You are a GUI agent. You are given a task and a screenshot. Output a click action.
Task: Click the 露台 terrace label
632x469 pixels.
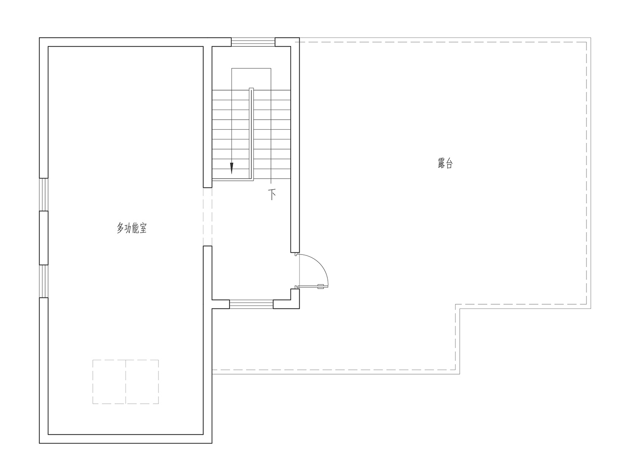(x=445, y=163)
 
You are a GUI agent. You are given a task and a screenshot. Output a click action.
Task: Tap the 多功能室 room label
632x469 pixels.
(x=131, y=228)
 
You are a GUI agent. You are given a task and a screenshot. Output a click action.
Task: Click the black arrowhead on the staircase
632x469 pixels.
(x=232, y=168)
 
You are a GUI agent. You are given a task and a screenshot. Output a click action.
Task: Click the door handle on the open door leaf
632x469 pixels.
(x=321, y=287)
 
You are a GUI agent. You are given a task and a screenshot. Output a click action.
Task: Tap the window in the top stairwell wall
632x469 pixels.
(x=253, y=42)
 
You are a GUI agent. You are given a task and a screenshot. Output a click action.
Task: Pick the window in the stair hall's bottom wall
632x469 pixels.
(x=251, y=304)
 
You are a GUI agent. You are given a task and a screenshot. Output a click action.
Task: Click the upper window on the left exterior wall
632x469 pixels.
(x=43, y=194)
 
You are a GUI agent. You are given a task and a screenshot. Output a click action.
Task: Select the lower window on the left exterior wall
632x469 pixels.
(x=43, y=281)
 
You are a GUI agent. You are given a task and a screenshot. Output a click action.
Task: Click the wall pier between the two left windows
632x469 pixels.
(x=43, y=238)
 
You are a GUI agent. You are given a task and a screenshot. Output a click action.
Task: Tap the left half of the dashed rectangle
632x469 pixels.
(x=109, y=382)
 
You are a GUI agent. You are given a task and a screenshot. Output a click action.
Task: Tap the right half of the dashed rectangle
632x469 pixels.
(x=142, y=382)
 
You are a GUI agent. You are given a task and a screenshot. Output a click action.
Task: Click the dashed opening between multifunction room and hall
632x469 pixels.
(x=207, y=217)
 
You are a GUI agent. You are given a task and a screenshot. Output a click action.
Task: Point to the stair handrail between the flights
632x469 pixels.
(x=251, y=134)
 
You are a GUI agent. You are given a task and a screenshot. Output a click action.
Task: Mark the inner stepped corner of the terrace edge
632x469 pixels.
(x=455, y=305)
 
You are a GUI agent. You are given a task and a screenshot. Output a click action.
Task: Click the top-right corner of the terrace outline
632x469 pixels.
(x=591, y=38)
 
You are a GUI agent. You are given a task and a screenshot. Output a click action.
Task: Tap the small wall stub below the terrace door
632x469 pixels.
(x=295, y=298)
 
